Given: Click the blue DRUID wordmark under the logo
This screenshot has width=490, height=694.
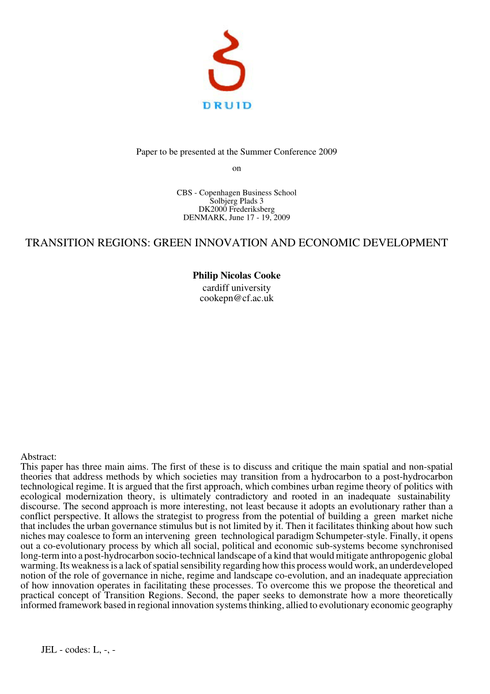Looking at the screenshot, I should (x=227, y=106).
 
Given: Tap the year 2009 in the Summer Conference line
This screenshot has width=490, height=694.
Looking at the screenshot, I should (x=326, y=152).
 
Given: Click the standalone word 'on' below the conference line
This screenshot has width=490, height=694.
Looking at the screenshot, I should (x=236, y=168).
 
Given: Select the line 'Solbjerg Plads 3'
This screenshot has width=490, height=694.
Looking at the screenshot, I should (x=236, y=201).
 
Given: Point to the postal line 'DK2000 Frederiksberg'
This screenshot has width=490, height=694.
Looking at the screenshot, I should (x=236, y=209).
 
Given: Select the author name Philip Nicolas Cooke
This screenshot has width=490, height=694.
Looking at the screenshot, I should (x=236, y=276).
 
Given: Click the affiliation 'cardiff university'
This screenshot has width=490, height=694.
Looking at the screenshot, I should (x=236, y=287).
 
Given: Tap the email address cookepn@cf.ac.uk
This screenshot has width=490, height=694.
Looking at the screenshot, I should (x=236, y=298).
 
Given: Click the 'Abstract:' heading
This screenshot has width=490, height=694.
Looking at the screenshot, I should (x=38, y=457).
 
